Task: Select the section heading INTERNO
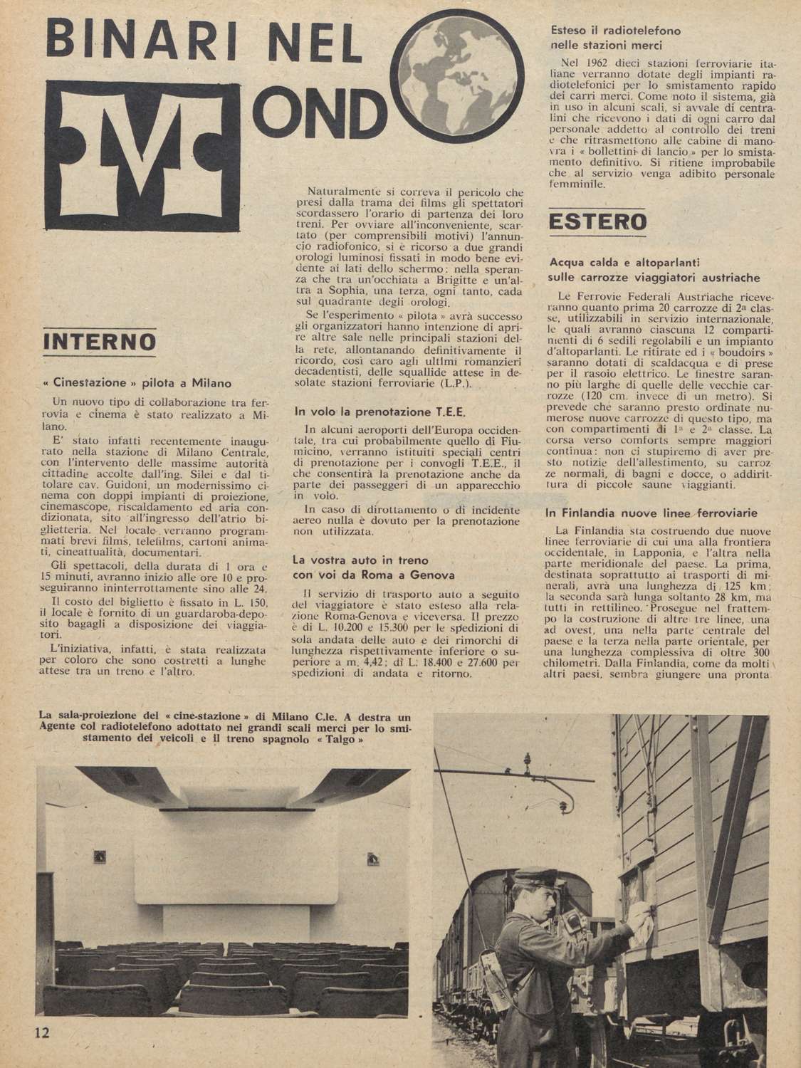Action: click(100, 341)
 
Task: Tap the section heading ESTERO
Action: click(599, 222)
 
